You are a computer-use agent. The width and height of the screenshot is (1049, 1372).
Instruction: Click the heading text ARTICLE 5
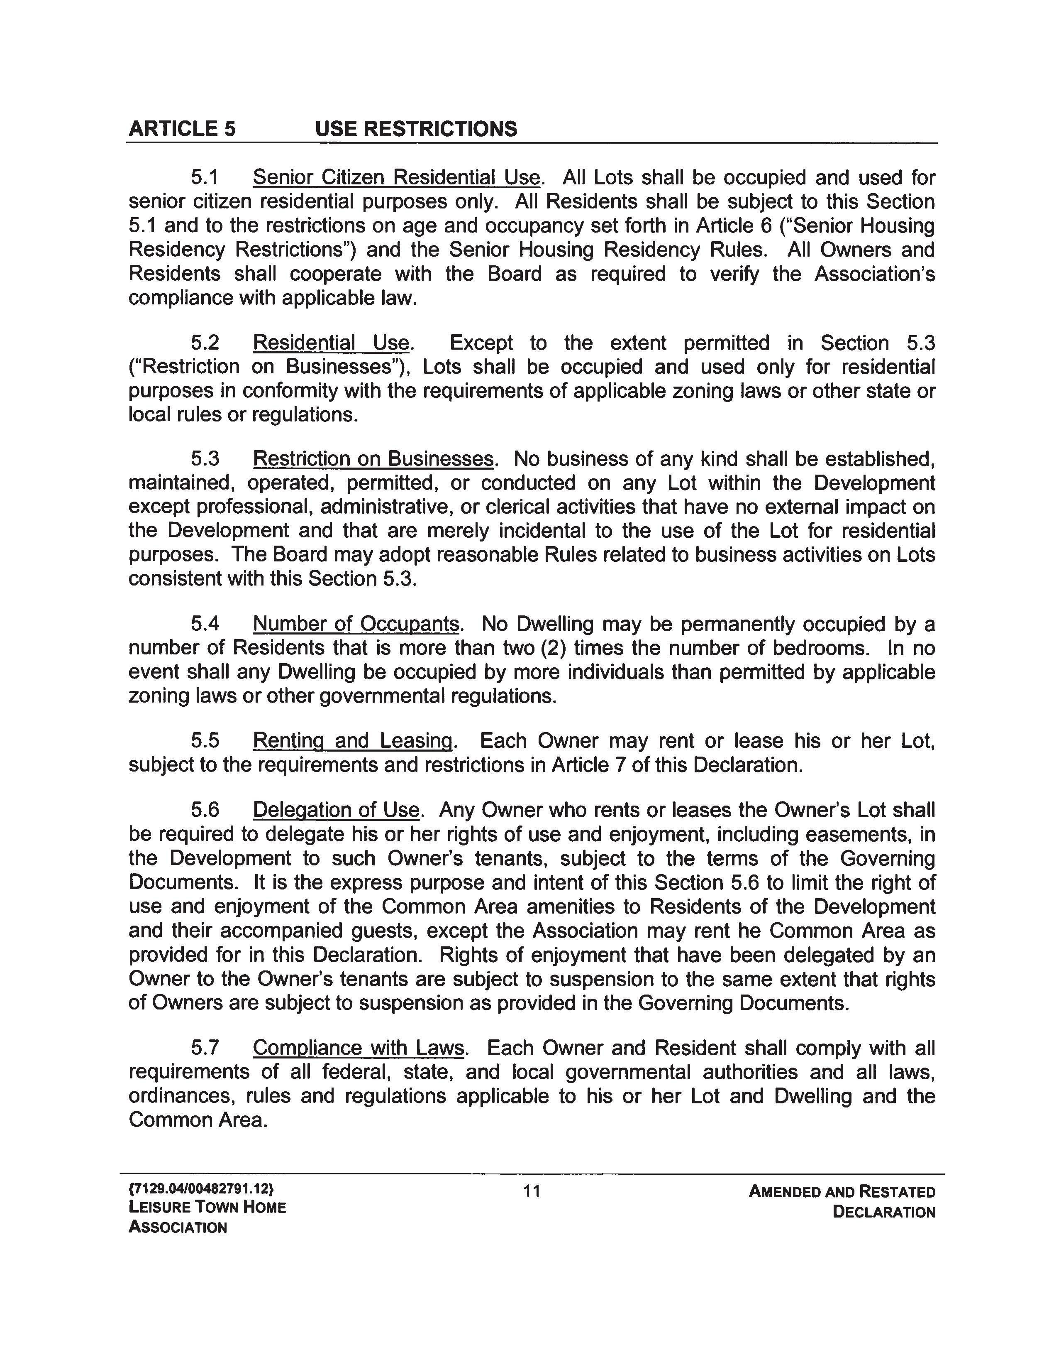[x=182, y=129]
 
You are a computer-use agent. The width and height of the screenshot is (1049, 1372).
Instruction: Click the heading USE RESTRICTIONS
[x=416, y=129]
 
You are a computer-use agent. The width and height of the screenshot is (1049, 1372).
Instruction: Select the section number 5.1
[x=205, y=178]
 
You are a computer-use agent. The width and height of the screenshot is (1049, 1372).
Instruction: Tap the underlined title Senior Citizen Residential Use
[x=396, y=178]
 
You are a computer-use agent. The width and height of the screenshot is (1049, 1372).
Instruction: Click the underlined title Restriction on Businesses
[x=373, y=459]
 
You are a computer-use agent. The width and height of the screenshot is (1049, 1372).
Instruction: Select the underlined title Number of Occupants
[x=356, y=624]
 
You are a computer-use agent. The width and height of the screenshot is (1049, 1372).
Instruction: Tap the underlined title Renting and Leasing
[x=353, y=741]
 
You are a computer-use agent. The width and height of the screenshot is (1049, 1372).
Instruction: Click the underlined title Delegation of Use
[x=336, y=810]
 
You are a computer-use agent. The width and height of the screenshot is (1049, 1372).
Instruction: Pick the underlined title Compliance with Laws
[x=359, y=1048]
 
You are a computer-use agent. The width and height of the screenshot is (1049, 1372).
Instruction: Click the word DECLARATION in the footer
[x=884, y=1213]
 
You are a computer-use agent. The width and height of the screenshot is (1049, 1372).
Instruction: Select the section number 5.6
[x=205, y=810]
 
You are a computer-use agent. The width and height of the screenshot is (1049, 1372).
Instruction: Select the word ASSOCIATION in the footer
[x=178, y=1227]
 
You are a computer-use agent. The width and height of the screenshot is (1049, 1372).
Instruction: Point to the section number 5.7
[x=205, y=1048]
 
